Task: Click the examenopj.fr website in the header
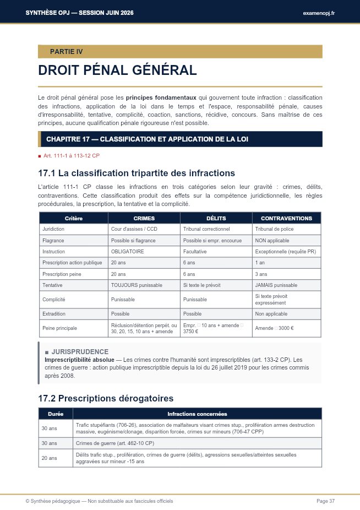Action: [x=318, y=13]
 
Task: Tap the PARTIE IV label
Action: [x=66, y=52]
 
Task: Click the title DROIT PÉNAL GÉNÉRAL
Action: [x=117, y=70]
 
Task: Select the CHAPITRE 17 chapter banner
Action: [x=147, y=139]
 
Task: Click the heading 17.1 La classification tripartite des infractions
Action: [x=137, y=173]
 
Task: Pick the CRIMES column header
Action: [x=144, y=218]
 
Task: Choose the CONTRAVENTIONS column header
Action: [x=286, y=218]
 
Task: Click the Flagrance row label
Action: [x=53, y=240]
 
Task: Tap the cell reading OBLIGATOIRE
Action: [x=127, y=251]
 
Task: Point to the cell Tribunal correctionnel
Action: [x=206, y=229]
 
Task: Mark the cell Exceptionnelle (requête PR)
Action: [x=285, y=251]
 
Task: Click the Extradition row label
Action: [x=54, y=313]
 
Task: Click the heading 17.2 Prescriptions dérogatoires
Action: [x=106, y=398]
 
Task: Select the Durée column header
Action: [x=56, y=414]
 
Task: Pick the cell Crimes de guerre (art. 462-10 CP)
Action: [x=115, y=443]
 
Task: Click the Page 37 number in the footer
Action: [x=325, y=501]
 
